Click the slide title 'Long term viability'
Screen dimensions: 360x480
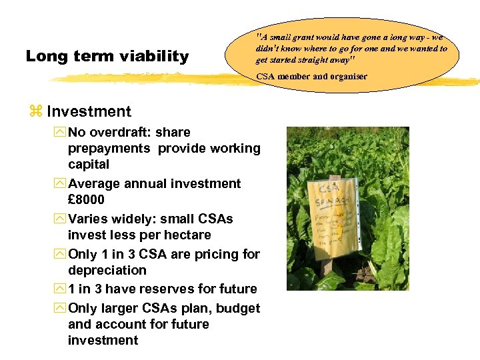pyautogui.click(x=107, y=57)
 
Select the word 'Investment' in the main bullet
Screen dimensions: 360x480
pyautogui.click(x=89, y=111)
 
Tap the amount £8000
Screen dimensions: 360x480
pyautogui.click(x=86, y=199)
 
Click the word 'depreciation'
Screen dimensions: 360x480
pyautogui.click(x=107, y=270)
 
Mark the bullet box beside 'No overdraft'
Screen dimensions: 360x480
pyautogui.click(x=61, y=133)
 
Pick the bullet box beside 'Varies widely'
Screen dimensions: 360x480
pyautogui.click(x=61, y=219)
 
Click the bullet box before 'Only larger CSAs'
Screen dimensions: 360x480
pyautogui.click(x=61, y=309)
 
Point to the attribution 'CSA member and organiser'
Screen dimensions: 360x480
pyautogui.click(x=311, y=77)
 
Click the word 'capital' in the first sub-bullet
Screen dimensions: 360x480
pyautogui.click(x=89, y=164)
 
